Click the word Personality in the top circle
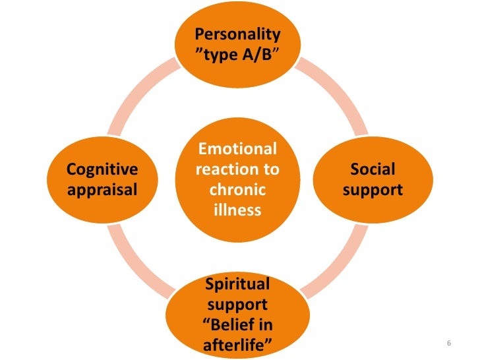click(238, 34)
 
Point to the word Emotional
click(237, 149)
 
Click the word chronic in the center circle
click(237, 191)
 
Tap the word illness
click(237, 211)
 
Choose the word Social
click(373, 169)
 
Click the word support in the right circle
click(373, 190)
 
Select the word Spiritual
click(237, 285)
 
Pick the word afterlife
click(237, 345)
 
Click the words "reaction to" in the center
click(237, 169)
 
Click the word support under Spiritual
click(237, 305)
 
